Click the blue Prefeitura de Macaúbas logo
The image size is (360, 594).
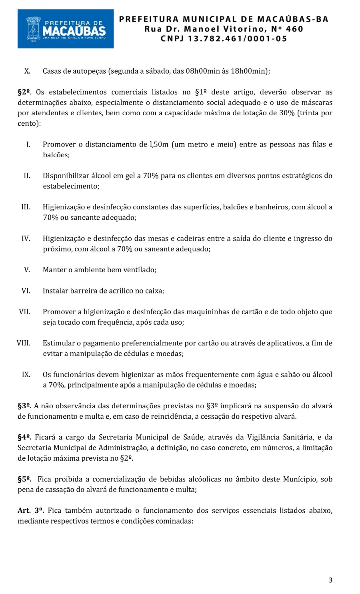click(66, 29)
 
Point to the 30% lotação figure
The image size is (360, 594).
click(286, 113)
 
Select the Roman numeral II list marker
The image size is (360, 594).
click(27, 176)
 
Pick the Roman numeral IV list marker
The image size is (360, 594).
click(26, 239)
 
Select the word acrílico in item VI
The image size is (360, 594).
click(120, 291)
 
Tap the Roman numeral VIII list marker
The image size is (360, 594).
click(24, 343)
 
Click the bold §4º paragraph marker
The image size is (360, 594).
click(25, 437)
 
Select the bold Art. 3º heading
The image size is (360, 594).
click(31, 510)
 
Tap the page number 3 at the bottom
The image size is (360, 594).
click(330, 580)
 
